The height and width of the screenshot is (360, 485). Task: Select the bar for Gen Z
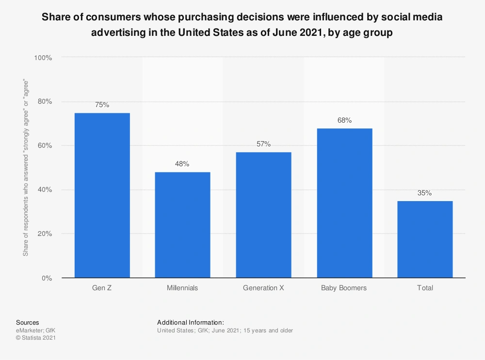point(102,195)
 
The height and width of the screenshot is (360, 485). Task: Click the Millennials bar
point(182,225)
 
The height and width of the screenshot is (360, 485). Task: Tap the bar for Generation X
point(263,215)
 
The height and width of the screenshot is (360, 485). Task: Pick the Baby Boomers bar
point(344,203)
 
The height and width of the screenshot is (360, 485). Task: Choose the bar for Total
point(425,239)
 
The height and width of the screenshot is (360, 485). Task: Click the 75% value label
point(102,105)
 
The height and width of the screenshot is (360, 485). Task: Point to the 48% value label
point(182,164)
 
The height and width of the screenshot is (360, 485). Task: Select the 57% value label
point(263,144)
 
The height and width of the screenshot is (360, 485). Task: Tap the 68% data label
point(344,120)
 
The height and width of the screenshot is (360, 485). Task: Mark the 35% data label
point(425,193)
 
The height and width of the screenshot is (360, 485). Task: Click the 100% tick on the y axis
point(43,58)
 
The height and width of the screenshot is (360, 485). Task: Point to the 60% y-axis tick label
point(44,146)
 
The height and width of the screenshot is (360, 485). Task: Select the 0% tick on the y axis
point(46,278)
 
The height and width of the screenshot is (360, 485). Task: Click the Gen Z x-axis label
point(102,288)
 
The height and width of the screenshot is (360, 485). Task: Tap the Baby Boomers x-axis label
point(344,288)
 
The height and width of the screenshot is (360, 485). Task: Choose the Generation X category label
point(263,288)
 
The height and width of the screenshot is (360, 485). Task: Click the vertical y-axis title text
point(26,168)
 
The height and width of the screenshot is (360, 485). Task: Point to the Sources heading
point(28,322)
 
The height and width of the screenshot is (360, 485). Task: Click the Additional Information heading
point(191,322)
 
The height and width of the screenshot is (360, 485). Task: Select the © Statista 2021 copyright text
point(36,338)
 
